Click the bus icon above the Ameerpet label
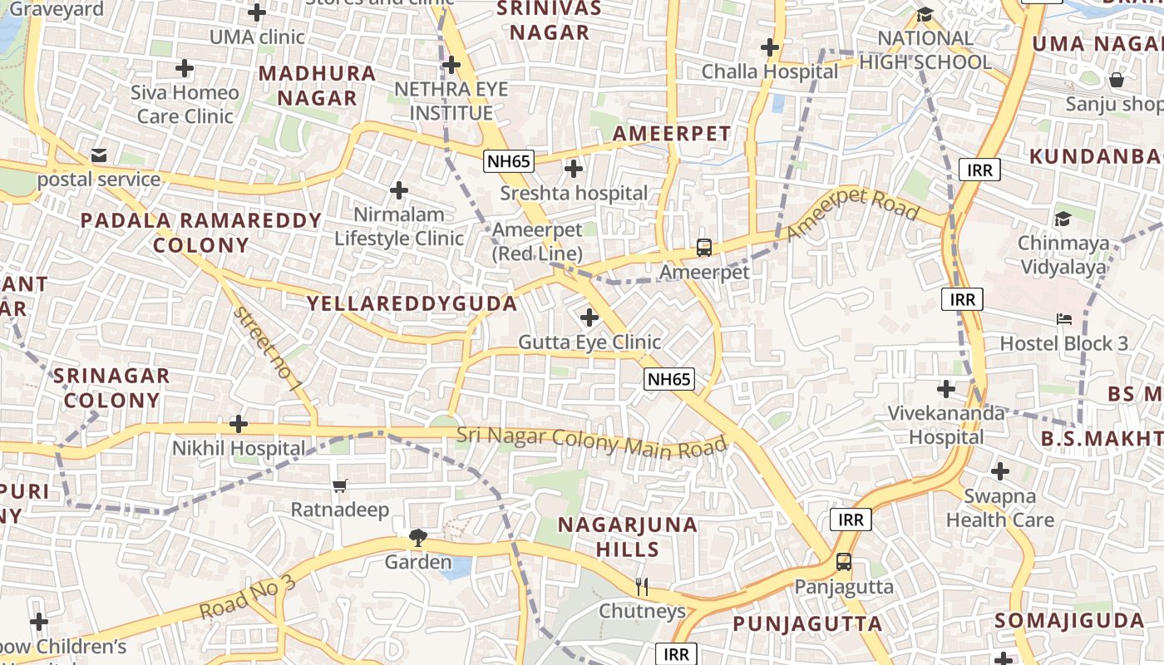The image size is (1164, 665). pos(704,247)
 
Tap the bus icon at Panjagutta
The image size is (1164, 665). pos(844,562)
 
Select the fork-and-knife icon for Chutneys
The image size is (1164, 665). pos(642,587)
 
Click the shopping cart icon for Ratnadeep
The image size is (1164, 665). pos(339,485)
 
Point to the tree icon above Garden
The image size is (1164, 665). pos(417,539)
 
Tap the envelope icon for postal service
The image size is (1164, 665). pos(99,155)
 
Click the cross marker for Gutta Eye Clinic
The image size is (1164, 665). pos(589,318)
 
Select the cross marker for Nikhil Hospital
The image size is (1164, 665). pos(239,425)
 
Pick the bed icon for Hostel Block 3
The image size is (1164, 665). pos(1063,318)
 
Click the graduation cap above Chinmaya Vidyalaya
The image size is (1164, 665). pos(1063,219)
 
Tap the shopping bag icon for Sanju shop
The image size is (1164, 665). pos(1117,80)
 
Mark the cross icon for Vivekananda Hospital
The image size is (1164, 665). pos(946,388)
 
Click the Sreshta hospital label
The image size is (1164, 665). pos(574,194)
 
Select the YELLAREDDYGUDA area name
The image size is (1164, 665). pos(412,303)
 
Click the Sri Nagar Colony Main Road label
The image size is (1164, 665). pos(592,441)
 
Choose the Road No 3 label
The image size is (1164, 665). pos(247,597)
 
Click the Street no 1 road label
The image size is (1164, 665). pos(267,349)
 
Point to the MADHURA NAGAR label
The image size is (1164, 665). pos(317,86)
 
